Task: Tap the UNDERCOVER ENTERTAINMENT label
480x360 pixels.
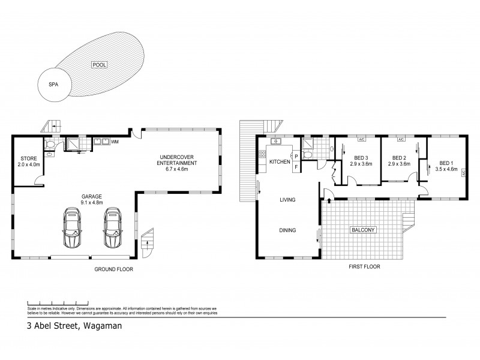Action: point(176,163)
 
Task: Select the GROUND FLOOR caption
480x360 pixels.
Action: point(113,269)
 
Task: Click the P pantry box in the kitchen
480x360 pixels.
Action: point(296,157)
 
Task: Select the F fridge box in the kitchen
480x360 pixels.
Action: point(296,167)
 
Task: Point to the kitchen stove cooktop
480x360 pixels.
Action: point(262,158)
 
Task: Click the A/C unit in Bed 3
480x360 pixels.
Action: point(361,140)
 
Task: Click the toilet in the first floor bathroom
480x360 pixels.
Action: point(307,155)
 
